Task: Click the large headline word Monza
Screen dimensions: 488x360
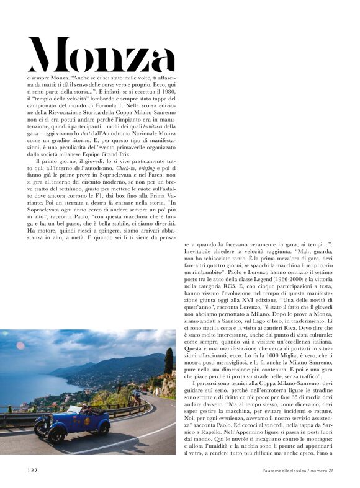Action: [x=101, y=55]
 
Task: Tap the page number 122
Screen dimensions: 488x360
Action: [x=32, y=470]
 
